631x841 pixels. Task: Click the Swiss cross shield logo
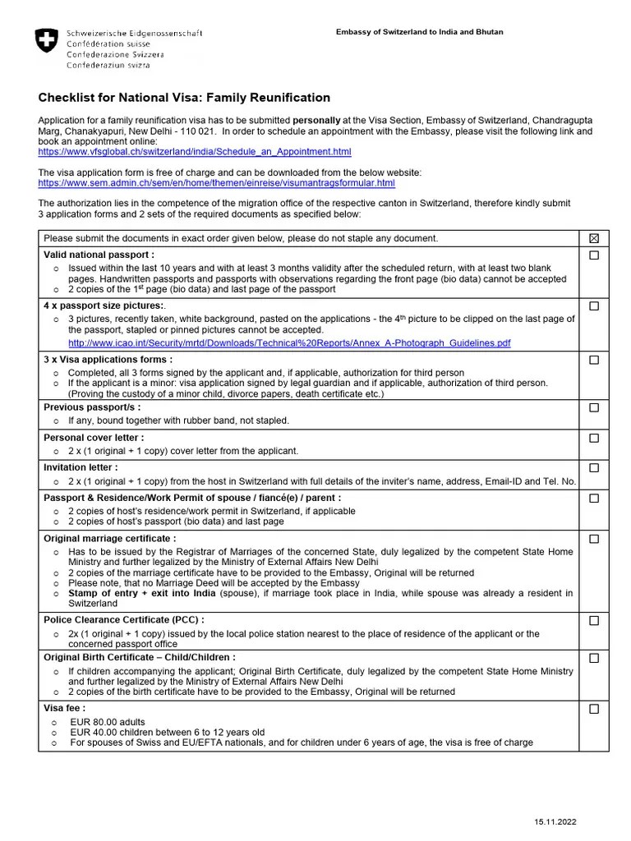pos(47,42)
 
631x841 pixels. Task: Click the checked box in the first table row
pos(594,238)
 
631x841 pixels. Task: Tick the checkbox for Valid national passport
pos(594,255)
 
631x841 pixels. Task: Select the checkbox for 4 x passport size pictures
pos(594,306)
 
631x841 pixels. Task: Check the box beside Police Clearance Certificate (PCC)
pos(594,620)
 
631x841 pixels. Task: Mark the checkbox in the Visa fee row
pos(594,708)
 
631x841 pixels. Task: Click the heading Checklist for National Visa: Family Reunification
pos(184,98)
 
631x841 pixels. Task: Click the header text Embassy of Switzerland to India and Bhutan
pos(419,32)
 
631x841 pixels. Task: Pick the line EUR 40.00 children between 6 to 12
pos(168,732)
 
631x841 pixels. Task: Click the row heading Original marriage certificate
pos(109,538)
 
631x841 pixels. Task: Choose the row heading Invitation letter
pos(81,467)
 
